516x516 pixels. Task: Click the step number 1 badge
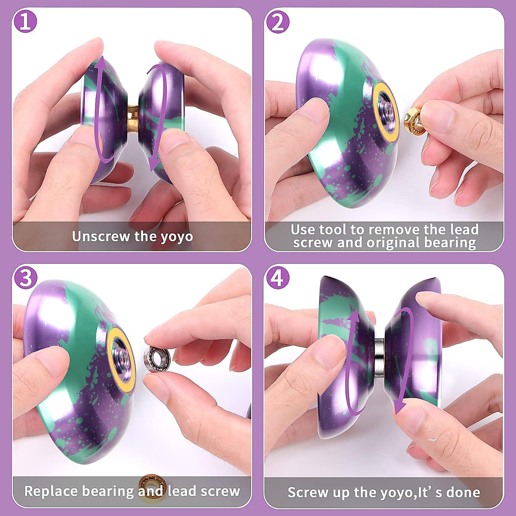(x=26, y=21)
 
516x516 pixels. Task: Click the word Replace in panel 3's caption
(x=51, y=491)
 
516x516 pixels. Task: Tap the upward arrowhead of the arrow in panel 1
(x=100, y=63)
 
